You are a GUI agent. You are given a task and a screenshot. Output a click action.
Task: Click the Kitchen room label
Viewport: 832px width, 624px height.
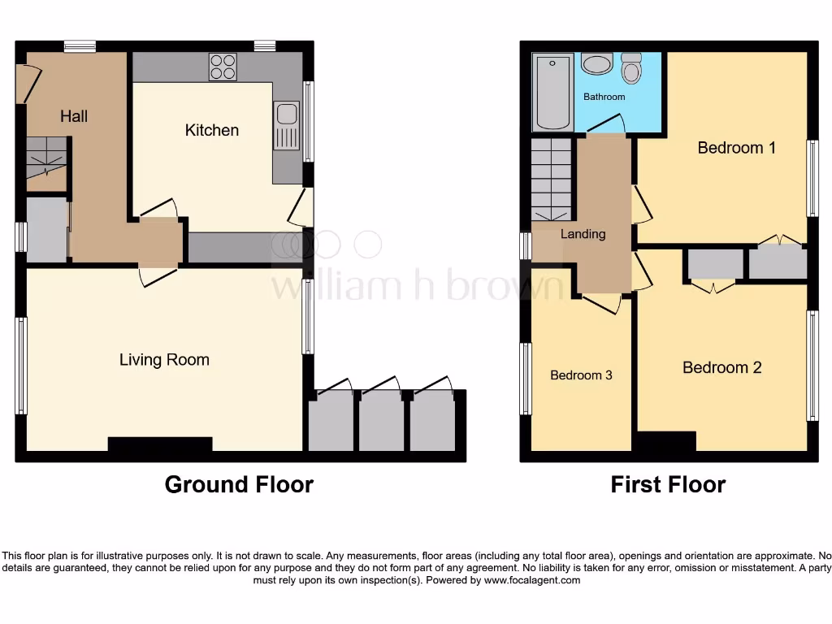tap(211, 130)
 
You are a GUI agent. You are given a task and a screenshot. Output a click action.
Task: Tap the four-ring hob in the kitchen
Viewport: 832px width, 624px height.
tap(223, 67)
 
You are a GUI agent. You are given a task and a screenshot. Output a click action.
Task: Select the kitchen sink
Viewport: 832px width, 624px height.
tap(287, 125)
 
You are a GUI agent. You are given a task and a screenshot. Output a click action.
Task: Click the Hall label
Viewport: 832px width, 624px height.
tap(74, 116)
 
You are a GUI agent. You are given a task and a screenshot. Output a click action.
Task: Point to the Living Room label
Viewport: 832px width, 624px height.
tap(164, 360)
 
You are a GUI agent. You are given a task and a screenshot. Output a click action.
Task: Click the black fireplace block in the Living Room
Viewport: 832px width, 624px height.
tap(160, 444)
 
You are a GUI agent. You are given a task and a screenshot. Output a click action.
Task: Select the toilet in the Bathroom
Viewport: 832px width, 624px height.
tap(631, 69)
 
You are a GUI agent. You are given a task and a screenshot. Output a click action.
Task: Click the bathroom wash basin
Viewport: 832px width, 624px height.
tap(598, 64)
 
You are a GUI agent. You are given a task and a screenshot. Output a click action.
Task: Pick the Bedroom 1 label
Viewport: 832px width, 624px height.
tap(736, 148)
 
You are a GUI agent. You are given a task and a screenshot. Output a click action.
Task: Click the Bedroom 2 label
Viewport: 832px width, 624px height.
tap(721, 367)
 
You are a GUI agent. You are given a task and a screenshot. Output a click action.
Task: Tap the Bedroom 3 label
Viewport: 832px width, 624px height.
tap(581, 375)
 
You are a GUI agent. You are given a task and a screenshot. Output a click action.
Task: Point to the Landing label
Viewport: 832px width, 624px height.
tap(583, 234)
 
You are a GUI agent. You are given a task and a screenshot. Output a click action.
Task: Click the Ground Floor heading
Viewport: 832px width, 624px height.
tap(239, 484)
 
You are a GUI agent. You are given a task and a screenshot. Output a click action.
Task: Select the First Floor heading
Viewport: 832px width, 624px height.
tap(668, 484)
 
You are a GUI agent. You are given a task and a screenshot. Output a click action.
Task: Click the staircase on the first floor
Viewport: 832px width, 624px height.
tap(552, 179)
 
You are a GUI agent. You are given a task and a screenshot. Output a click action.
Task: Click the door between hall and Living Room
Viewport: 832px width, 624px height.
tap(158, 276)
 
